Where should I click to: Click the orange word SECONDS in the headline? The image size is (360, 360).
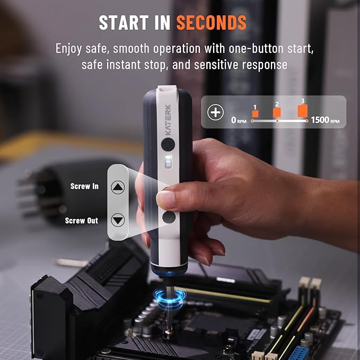(x=211, y=22)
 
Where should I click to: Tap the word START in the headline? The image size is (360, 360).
(x=124, y=22)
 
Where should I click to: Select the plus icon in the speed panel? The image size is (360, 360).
(x=215, y=112)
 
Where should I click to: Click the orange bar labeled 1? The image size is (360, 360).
(x=255, y=113)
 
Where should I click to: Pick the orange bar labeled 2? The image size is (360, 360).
(x=277, y=112)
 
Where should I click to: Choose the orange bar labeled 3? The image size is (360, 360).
(x=303, y=111)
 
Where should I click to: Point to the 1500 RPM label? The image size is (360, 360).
(x=325, y=120)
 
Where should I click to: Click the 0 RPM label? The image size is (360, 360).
(x=239, y=120)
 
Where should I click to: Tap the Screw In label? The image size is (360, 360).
(x=84, y=186)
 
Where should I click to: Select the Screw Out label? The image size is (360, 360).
(x=82, y=221)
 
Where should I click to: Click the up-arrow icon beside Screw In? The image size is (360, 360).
(x=118, y=187)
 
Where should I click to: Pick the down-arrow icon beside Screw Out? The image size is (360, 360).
(x=118, y=220)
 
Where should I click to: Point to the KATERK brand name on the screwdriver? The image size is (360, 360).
(x=168, y=120)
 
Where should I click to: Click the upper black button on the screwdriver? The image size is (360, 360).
(x=168, y=144)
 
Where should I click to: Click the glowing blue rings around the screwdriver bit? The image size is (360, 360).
(x=170, y=298)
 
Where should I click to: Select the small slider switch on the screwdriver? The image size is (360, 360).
(x=168, y=161)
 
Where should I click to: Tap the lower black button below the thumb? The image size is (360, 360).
(x=169, y=217)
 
